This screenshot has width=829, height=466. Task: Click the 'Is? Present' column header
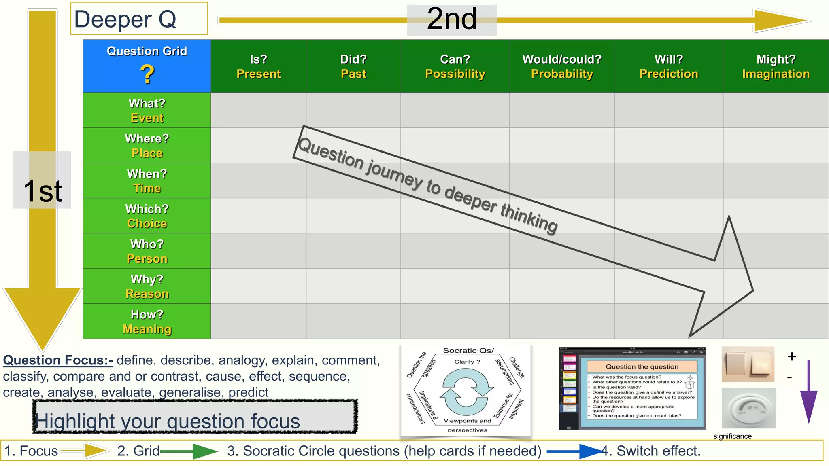point(258,66)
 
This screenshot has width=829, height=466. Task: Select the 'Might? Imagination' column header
point(776,66)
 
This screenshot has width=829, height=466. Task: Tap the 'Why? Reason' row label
point(147,286)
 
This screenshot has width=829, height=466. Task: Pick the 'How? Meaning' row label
point(147,322)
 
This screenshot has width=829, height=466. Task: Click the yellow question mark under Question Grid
point(147,74)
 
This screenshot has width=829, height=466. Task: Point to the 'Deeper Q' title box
point(139,19)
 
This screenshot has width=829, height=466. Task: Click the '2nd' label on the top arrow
point(452,19)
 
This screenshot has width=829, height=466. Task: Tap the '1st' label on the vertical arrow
point(42,190)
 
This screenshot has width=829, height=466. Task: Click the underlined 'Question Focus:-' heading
point(58,360)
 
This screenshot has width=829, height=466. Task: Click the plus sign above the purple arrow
point(792,356)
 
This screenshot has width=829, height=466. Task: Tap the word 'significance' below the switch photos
point(732,436)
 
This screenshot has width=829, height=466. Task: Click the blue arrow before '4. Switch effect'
point(575,451)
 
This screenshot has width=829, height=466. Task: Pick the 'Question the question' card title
point(642,366)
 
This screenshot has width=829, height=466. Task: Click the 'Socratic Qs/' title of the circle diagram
point(468,350)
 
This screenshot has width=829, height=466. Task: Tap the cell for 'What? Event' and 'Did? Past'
point(353,110)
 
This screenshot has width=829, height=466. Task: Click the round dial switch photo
point(749,408)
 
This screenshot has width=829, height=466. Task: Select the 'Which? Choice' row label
point(147,216)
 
